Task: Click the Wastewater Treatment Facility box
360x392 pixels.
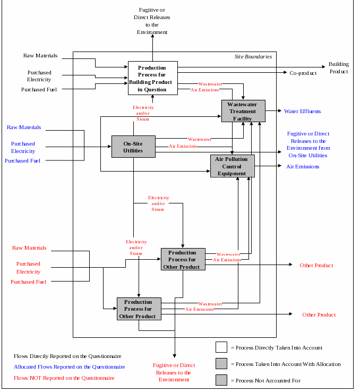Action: click(243, 111)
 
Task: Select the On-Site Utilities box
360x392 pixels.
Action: click(133, 147)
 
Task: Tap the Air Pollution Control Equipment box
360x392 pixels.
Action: click(232, 166)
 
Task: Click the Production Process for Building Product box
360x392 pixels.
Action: click(152, 78)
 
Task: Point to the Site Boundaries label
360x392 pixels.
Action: click(253, 56)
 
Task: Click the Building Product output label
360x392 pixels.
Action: click(338, 67)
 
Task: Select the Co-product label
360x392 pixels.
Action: click(303, 73)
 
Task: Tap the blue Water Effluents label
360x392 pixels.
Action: click(302, 112)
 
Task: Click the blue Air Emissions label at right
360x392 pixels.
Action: click(303, 166)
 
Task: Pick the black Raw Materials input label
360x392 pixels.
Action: click(40, 55)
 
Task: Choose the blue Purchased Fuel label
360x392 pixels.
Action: click(22, 160)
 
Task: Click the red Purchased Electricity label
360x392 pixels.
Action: click(28, 268)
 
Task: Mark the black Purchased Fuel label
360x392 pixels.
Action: click(39, 89)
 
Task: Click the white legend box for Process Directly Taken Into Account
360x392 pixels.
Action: click(221, 347)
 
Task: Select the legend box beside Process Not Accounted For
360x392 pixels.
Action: click(221, 380)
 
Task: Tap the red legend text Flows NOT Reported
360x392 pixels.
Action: click(64, 378)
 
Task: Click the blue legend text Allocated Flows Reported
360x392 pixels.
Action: click(69, 367)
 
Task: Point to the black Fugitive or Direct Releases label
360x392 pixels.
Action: click(152, 21)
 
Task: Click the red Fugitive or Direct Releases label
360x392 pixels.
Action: click(174, 372)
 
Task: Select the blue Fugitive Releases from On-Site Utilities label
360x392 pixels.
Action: click(308, 144)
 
